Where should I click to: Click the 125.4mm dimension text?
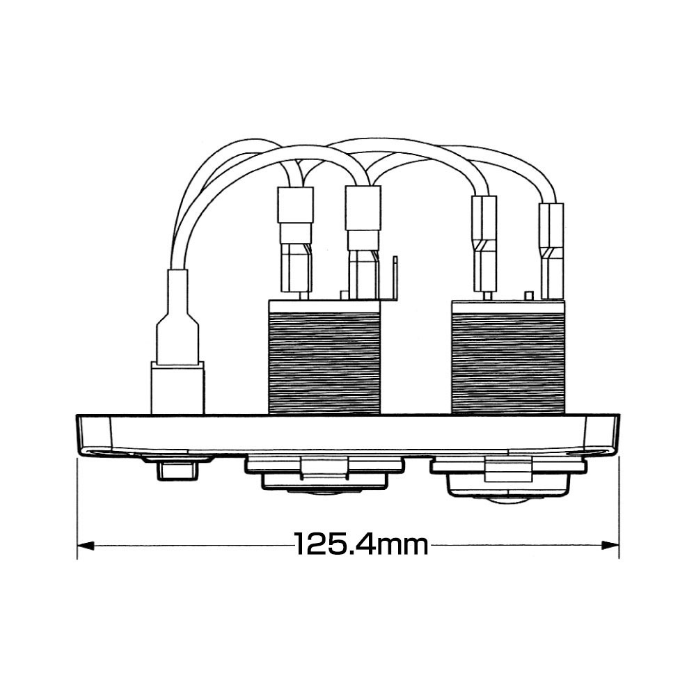point(361,544)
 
